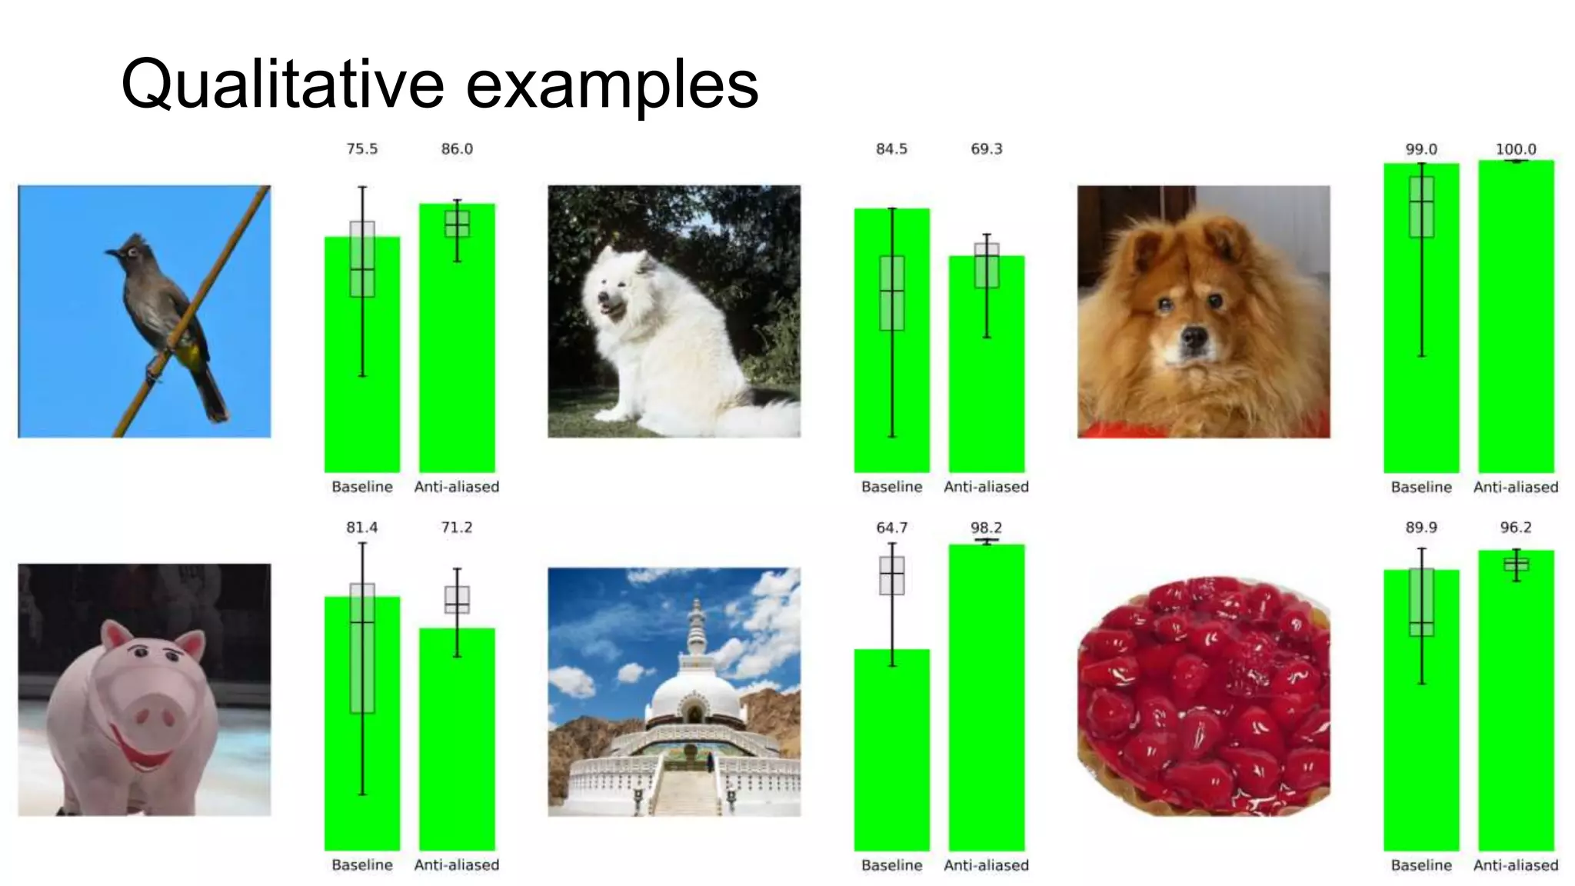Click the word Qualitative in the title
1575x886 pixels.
[x=282, y=85]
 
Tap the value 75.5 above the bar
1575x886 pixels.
[x=361, y=149]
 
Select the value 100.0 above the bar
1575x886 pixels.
[x=1515, y=149]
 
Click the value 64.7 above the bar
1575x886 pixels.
[x=891, y=528]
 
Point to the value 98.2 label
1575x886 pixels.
[x=986, y=528]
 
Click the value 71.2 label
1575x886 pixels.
[x=457, y=528]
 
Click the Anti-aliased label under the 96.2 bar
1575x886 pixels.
[x=1515, y=865]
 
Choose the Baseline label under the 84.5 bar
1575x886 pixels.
[x=891, y=487]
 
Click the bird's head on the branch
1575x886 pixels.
[x=132, y=251]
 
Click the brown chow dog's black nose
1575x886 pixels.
[x=1194, y=336]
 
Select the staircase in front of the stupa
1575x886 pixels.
[x=687, y=792]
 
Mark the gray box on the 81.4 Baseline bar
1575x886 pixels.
[x=362, y=648]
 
